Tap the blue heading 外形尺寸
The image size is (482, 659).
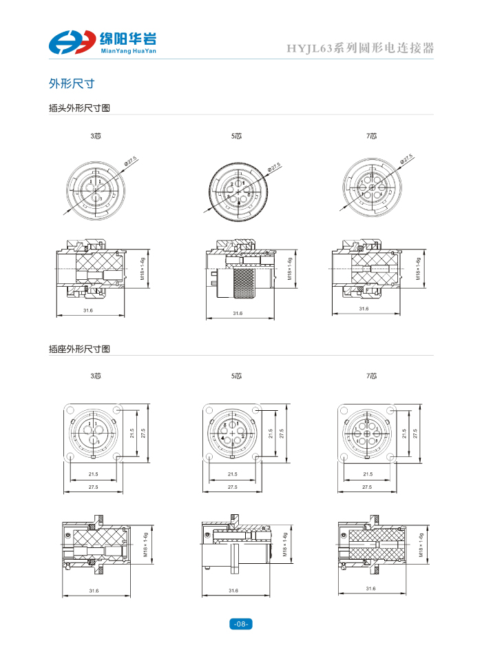[x=71, y=84]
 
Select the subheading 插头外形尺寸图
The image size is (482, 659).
[x=79, y=108]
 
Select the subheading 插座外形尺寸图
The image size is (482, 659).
[x=79, y=349]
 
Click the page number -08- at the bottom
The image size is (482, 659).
[x=240, y=624]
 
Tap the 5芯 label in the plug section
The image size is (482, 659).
[x=236, y=136]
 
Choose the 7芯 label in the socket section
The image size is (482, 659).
[x=372, y=376]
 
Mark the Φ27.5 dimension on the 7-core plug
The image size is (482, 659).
[x=406, y=160]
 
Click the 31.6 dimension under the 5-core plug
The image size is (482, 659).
[x=237, y=314]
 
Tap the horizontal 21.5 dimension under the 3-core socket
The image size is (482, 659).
[x=94, y=474]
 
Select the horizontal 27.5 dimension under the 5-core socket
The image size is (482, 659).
[x=232, y=487]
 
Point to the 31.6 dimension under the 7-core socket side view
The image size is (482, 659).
[x=370, y=589]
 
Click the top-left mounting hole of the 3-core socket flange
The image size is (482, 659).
[x=70, y=411]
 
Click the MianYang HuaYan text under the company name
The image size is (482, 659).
[x=128, y=51]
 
